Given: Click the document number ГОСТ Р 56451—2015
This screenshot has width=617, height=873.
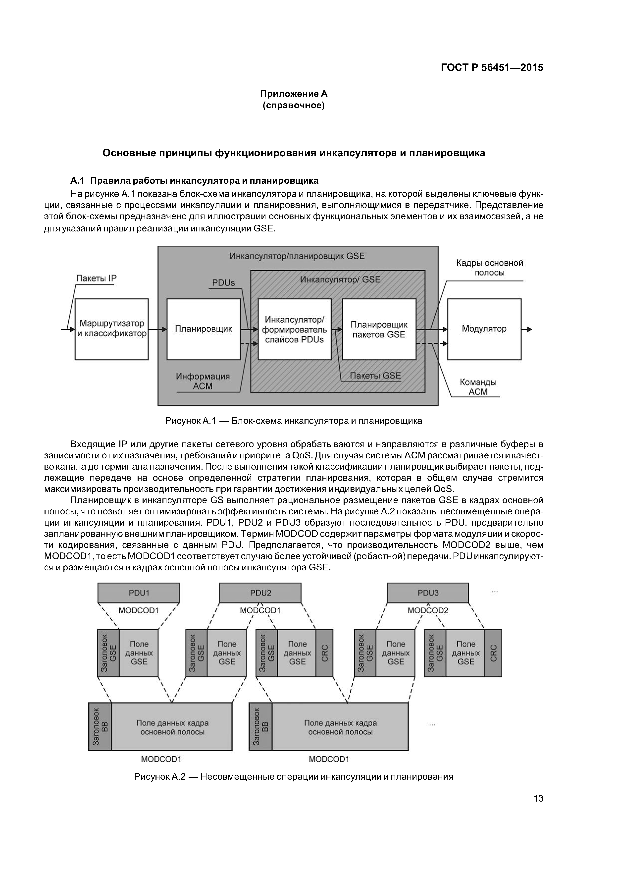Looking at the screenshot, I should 492,68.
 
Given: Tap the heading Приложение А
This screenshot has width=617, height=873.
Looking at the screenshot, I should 294,94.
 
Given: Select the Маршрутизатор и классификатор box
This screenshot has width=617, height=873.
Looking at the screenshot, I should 111,329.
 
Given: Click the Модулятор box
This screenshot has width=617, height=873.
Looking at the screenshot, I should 484,329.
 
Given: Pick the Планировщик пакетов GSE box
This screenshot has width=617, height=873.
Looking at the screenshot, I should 379,329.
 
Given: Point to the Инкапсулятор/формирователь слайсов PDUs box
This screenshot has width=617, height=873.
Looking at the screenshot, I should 294,329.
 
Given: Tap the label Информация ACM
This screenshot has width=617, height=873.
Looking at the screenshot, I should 203,381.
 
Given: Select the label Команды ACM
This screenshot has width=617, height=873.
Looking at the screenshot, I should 478,387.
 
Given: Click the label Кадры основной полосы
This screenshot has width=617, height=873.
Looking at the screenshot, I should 489,268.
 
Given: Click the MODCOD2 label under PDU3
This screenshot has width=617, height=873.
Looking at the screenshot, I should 428,611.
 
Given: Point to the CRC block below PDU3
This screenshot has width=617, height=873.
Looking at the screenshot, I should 493,653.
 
